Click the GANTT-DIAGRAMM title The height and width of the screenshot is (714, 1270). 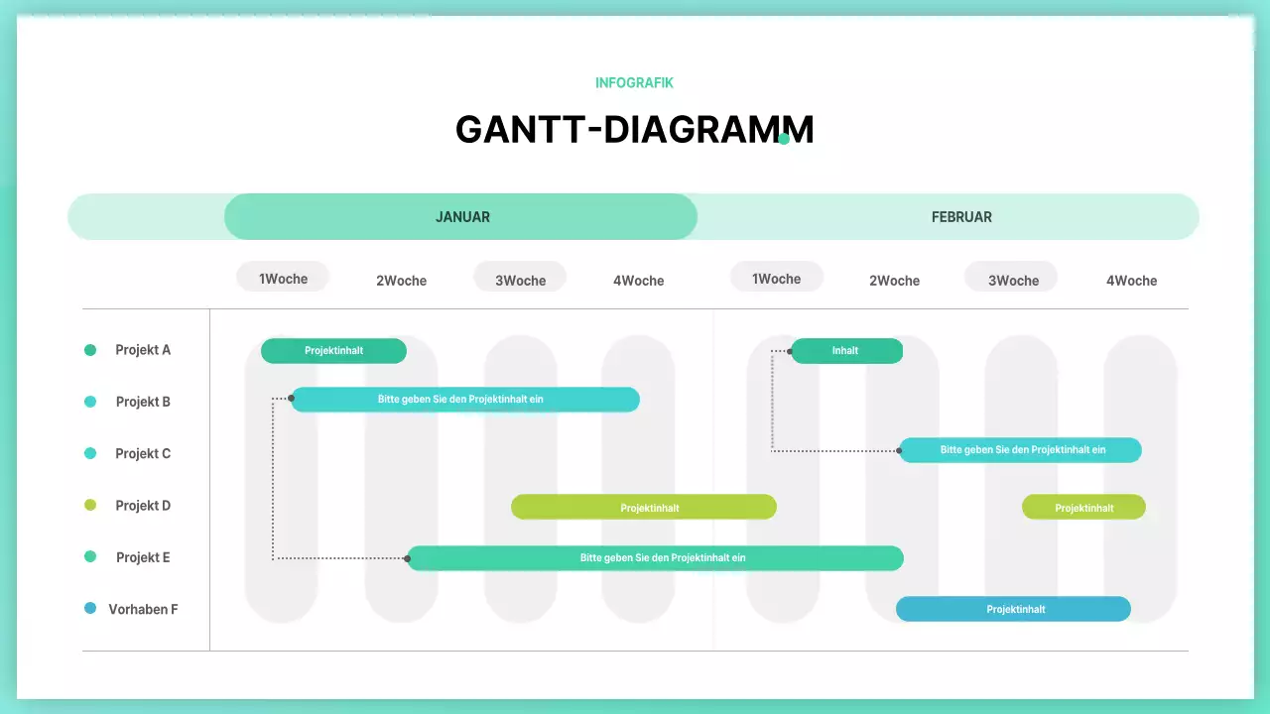coord(634,130)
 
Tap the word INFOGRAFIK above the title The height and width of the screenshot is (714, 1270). coord(634,83)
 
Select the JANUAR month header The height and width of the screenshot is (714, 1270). coord(461,217)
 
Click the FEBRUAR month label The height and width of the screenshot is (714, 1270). coord(960,217)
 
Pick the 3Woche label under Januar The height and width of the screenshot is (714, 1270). coord(520,280)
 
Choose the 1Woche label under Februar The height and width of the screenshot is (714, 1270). coord(776,279)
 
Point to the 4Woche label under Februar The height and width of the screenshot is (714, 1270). coord(1131,281)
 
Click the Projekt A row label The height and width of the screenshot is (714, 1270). coord(143,350)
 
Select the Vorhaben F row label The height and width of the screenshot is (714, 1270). coord(143,609)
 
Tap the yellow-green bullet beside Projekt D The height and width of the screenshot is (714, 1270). coord(90,506)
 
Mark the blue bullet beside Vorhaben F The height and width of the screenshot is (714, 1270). coord(90,609)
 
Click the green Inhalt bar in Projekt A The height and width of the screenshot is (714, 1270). coord(846,351)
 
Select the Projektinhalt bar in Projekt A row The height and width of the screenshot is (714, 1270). coord(333,351)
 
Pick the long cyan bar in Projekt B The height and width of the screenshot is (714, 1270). coord(464,400)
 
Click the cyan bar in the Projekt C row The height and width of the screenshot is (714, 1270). coord(1021,450)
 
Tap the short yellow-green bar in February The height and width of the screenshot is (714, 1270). coord(1083,508)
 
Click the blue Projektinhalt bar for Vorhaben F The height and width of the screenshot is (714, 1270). coord(1013,609)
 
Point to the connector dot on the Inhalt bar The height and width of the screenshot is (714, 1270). coord(791,351)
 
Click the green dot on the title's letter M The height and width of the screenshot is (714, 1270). coord(784,139)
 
